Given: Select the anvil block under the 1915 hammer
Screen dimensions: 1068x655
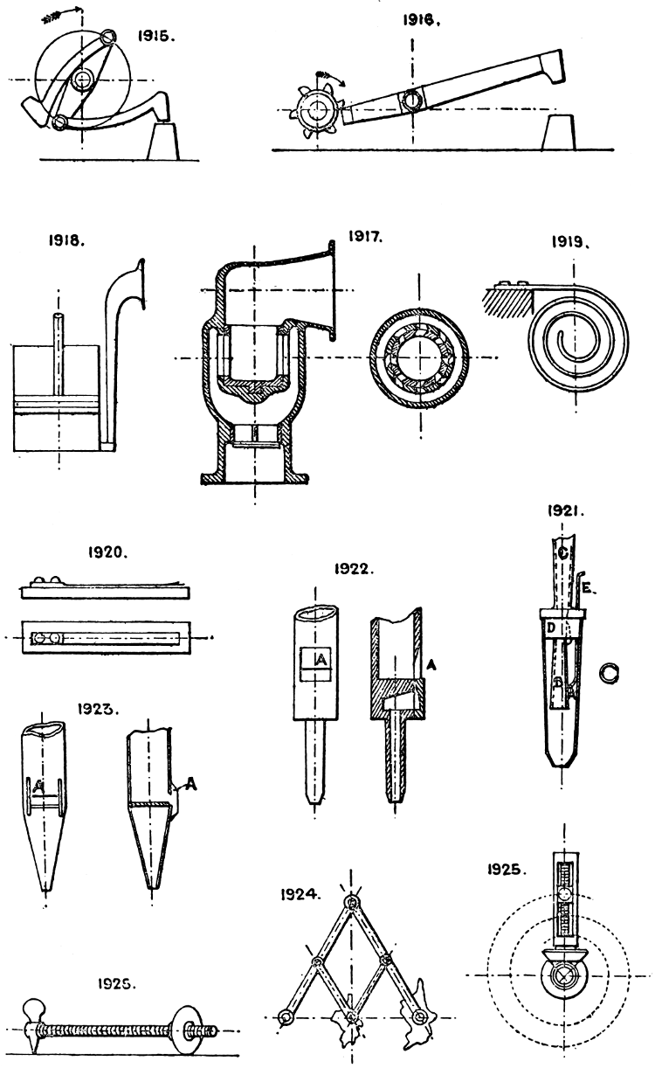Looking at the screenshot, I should click(166, 140).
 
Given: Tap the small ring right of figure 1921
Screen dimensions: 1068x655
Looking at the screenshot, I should click(609, 671).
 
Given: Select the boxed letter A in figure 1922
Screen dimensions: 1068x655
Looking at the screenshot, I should click(320, 662).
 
